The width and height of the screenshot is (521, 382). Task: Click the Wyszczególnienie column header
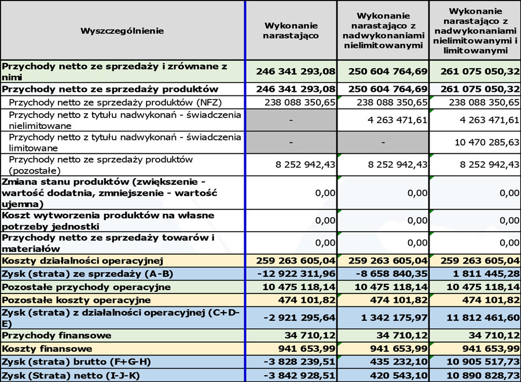tap(122, 30)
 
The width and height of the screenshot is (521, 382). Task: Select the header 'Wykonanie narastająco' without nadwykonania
tap(291, 30)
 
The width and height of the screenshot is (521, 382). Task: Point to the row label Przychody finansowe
tap(48, 335)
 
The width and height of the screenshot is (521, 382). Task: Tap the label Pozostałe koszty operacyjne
tap(76, 300)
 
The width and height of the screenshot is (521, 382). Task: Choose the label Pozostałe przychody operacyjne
tap(86, 287)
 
